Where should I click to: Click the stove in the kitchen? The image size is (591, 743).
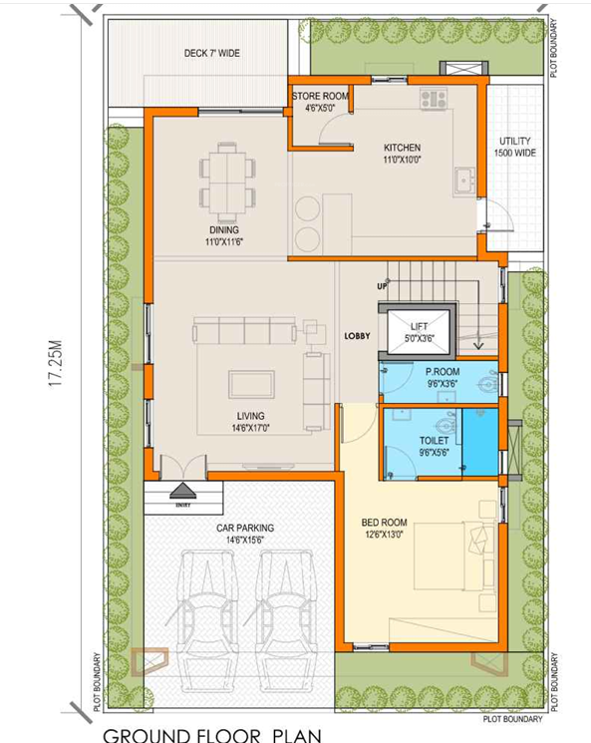pyautogui.click(x=434, y=99)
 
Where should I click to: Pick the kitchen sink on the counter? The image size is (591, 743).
pyautogui.click(x=464, y=181)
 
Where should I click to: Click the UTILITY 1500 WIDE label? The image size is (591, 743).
pyautogui.click(x=514, y=148)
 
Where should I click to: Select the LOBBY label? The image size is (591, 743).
pyautogui.click(x=358, y=336)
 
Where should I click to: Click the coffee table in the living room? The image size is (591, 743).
pyautogui.click(x=252, y=384)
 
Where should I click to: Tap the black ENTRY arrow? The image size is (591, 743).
pyautogui.click(x=182, y=491)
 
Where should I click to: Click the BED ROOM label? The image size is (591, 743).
pyautogui.click(x=384, y=528)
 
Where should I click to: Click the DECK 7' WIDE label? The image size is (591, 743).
pyautogui.click(x=211, y=53)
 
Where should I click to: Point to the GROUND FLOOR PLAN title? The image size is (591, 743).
pyautogui.click(x=212, y=735)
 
